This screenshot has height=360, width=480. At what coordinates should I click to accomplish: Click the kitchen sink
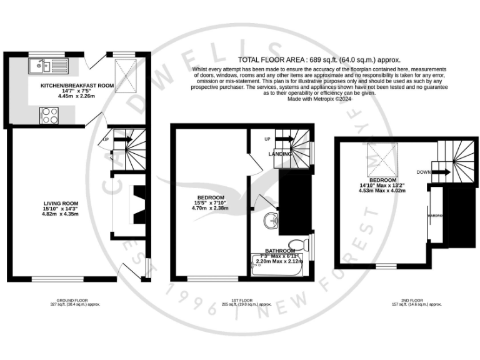[x=47, y=64]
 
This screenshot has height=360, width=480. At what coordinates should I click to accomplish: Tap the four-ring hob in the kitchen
[x=49, y=115]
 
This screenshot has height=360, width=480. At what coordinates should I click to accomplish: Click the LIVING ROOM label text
[x=61, y=204]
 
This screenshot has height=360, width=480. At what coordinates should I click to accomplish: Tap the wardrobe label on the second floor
[x=435, y=216]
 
